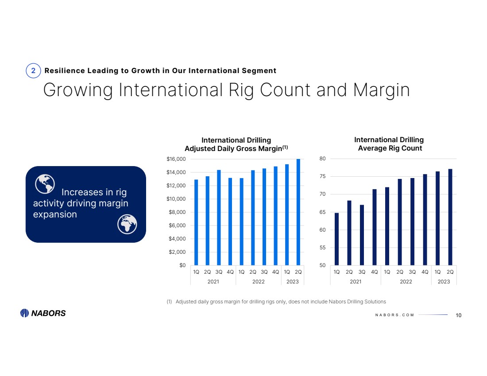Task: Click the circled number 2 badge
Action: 33,71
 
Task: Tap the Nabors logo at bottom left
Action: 43,313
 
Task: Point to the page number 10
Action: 458,315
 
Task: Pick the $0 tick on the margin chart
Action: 182,266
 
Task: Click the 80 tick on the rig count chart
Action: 322,159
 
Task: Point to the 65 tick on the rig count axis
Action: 322,212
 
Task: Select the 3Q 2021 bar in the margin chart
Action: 219,217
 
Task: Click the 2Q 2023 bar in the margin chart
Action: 298,212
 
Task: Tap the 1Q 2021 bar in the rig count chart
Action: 336,239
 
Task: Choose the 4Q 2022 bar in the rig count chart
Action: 425,220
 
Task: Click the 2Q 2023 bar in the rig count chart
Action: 450,217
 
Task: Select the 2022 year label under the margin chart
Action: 258,281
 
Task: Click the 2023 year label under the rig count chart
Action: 444,281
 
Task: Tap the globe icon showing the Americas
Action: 45,184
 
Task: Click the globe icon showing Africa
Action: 127,225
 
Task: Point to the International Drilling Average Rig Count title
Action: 389,144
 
